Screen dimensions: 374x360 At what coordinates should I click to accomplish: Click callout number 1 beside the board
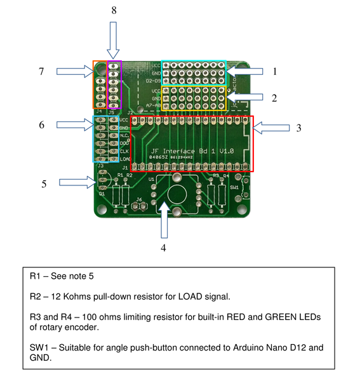(x=274, y=72)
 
